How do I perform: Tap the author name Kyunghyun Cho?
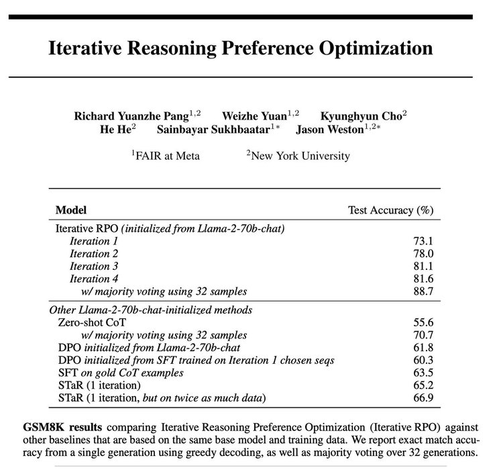360,115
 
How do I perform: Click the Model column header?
70,209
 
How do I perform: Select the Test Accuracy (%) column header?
390,209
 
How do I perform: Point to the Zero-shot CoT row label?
91,322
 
